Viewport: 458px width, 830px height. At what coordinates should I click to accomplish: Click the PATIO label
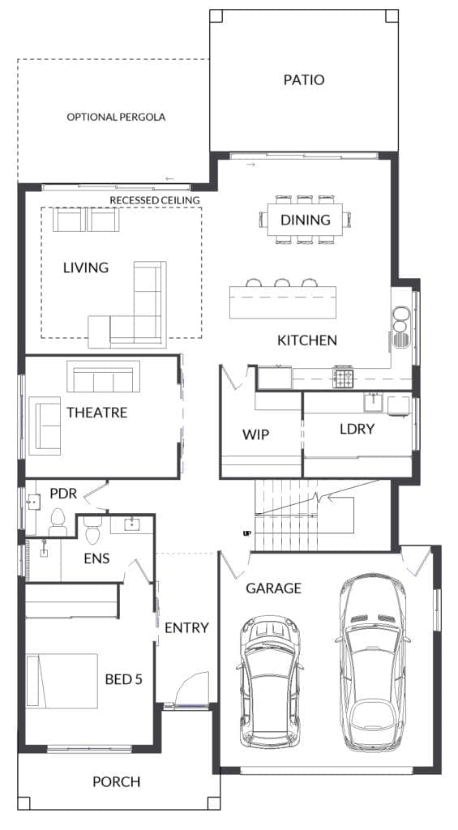(x=304, y=80)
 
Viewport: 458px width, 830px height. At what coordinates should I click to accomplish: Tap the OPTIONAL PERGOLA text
(x=116, y=117)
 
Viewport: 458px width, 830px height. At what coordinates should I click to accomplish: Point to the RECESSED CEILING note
(x=154, y=199)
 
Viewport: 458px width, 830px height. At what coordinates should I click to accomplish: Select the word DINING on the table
(x=306, y=220)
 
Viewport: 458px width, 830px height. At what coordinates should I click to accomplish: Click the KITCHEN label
(x=307, y=340)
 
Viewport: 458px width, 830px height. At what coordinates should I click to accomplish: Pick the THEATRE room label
(x=97, y=413)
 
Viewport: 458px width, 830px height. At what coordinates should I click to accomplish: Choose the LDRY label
(x=357, y=428)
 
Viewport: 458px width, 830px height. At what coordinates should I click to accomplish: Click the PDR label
(x=63, y=493)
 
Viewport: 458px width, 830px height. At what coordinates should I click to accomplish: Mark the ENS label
(x=96, y=558)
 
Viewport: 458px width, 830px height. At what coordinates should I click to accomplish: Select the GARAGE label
(x=274, y=588)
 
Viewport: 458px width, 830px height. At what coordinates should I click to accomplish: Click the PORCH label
(x=116, y=782)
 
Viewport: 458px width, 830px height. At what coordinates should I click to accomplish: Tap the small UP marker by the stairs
(x=246, y=533)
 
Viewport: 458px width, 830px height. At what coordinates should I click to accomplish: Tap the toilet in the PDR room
(x=58, y=521)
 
